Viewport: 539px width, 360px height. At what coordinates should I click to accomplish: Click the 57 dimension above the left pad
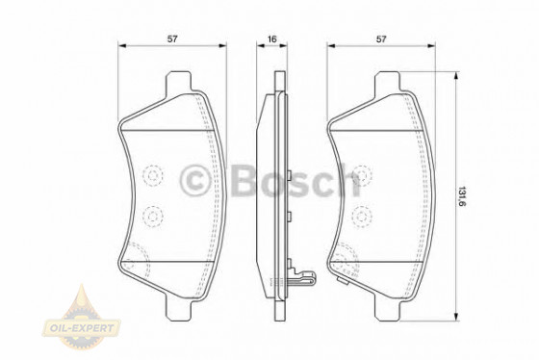pos(171,39)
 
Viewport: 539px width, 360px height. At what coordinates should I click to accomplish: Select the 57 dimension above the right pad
pos(382,39)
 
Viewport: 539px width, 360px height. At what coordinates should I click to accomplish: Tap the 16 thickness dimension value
pos(272,39)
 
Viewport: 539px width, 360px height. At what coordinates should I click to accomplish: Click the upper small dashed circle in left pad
pos(153,175)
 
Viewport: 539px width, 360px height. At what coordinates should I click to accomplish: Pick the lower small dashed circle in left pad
pos(153,216)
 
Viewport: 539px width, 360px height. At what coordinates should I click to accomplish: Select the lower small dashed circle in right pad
pos(363,216)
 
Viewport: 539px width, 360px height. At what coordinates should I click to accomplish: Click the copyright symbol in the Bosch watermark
pos(197,179)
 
